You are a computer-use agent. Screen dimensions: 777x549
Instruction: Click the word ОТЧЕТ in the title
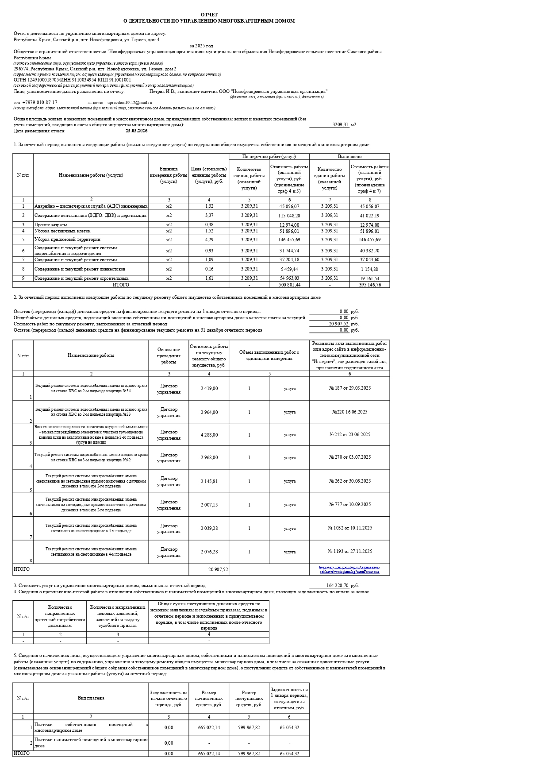pos(209,15)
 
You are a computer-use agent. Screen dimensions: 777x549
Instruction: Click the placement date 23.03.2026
pos(137,131)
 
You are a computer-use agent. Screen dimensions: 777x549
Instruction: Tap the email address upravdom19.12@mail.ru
pos(130,102)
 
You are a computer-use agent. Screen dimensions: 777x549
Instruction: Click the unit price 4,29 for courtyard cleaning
pos(209,240)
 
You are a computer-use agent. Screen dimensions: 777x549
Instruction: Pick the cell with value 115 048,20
pos(289,216)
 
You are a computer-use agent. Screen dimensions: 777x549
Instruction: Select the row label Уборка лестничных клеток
pos(62,231)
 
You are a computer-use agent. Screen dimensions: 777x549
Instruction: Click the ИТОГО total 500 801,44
pos(289,285)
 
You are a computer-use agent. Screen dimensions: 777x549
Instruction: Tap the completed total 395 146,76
pos(369,285)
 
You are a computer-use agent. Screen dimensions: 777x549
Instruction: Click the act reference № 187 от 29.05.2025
pos(349,388)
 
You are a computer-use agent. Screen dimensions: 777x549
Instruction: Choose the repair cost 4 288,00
pos(209,435)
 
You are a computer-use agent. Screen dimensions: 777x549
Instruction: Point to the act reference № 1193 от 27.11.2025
pos(349,552)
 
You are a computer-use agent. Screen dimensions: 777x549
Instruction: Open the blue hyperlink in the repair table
pos(349,569)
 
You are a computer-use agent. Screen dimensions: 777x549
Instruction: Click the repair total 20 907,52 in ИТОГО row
pos(218,570)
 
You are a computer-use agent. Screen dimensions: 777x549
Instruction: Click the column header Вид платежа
pos(91,698)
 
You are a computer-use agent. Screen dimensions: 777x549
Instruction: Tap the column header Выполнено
pos(349,157)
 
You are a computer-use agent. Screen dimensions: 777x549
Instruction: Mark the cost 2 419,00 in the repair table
pos(209,389)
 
